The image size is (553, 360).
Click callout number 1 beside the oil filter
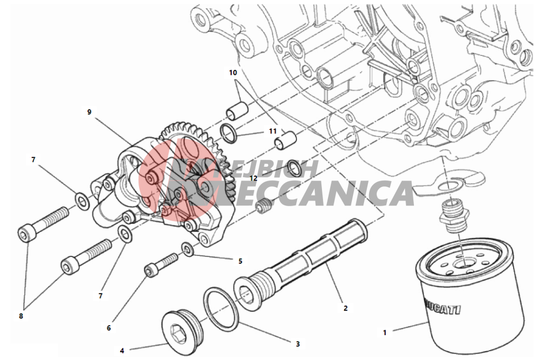385,333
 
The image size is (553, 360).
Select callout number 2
345,308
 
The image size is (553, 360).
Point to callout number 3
298,344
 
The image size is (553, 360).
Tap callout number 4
122,351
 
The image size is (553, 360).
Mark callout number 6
109,328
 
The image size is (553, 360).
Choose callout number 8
21,316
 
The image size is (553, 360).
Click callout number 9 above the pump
89,112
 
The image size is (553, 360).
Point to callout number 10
233,73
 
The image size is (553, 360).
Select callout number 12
254,178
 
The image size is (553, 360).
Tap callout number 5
240,260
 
